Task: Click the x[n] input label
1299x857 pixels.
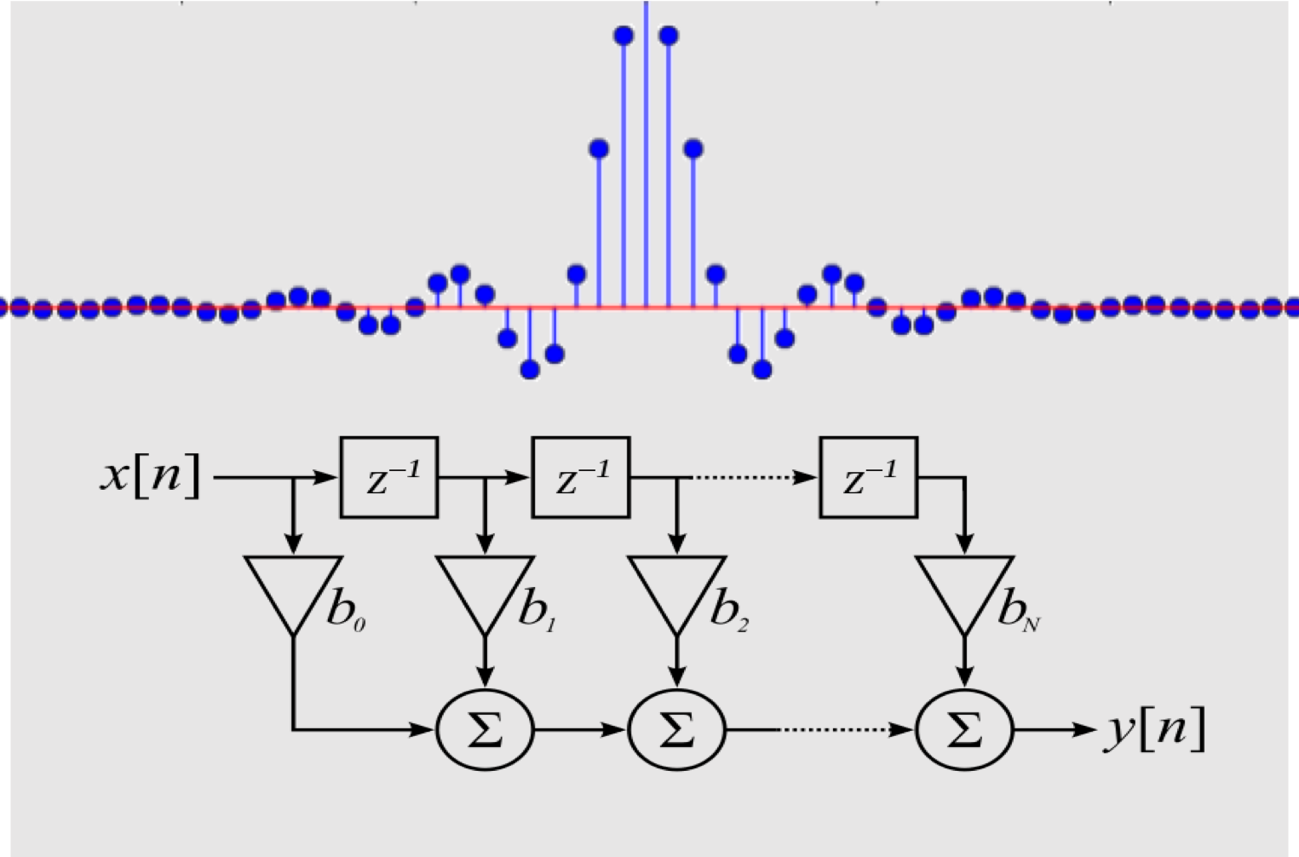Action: click(150, 476)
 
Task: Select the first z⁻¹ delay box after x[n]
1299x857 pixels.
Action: click(389, 477)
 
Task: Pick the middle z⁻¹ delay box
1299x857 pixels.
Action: click(581, 477)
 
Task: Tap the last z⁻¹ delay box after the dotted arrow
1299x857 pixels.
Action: click(869, 477)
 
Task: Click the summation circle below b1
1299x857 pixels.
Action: click(485, 729)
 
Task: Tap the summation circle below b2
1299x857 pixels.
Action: click(676, 729)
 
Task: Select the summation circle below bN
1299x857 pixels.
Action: click(964, 729)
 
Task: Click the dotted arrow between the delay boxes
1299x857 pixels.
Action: click(754, 477)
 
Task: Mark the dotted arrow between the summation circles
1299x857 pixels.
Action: click(847, 729)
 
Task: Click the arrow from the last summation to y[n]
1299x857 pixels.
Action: click(1055, 729)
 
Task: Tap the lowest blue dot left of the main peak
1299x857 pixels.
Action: click(530, 370)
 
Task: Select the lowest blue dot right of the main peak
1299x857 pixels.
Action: click(762, 370)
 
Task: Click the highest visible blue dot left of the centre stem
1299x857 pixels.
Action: click(624, 36)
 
